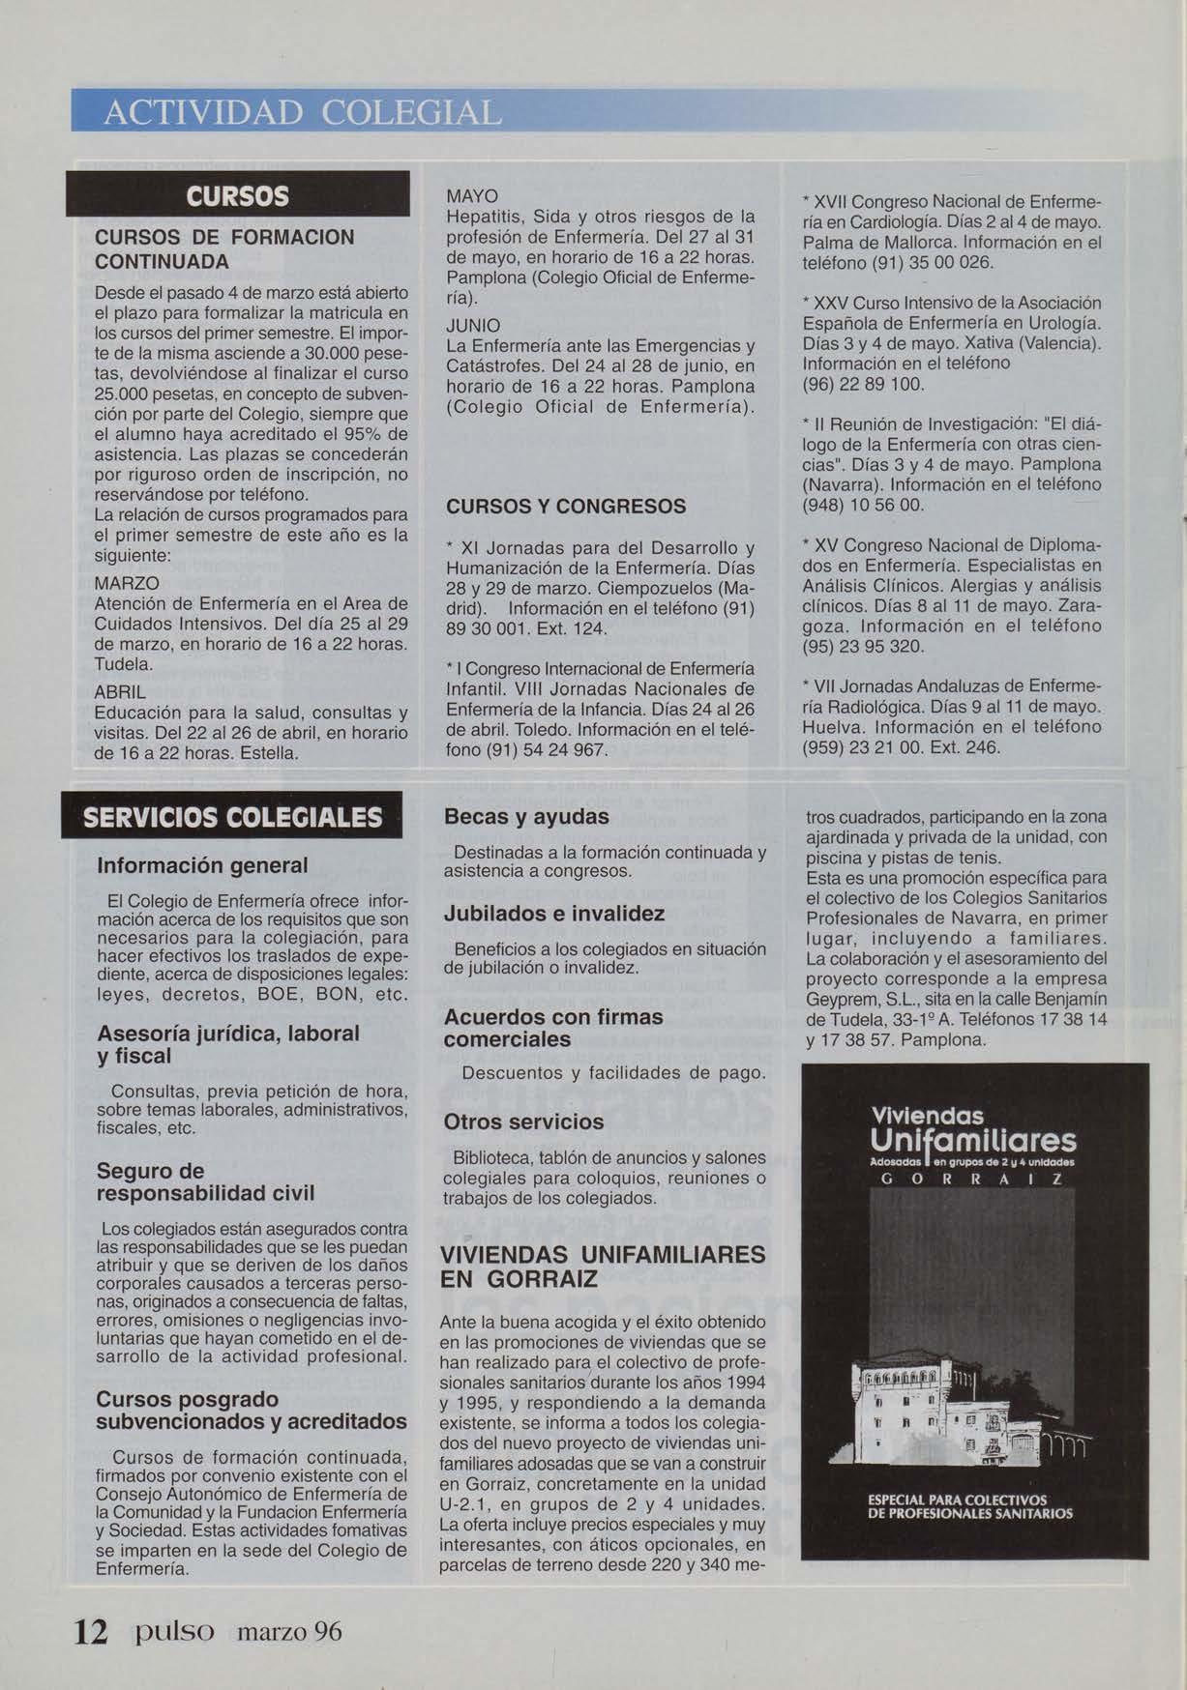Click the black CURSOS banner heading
[x=237, y=195]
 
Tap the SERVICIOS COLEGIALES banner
[x=233, y=818]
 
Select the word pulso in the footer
[x=175, y=1632]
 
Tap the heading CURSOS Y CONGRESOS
[x=566, y=507]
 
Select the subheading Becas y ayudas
[x=526, y=817]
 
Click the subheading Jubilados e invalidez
[x=553, y=914]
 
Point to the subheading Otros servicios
[x=523, y=1122]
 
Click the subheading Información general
[x=202, y=864]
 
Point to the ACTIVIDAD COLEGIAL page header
[x=303, y=113]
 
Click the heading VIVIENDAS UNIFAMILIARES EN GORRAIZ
[x=602, y=1267]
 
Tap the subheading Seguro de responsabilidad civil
[x=206, y=1182]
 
